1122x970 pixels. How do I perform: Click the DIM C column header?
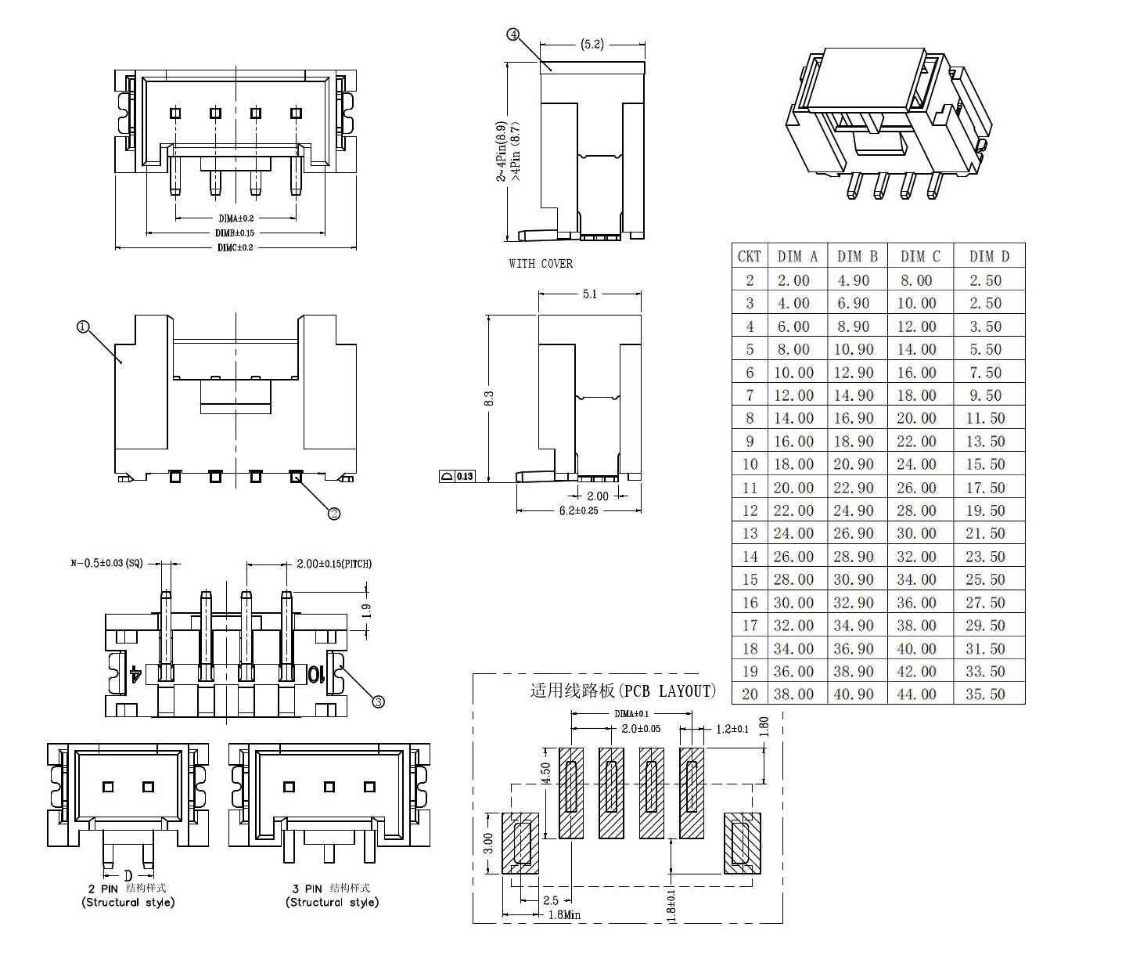click(920, 256)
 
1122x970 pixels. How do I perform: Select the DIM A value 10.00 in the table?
click(793, 373)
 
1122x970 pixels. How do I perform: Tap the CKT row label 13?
click(750, 533)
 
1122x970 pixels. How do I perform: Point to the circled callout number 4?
click(513, 34)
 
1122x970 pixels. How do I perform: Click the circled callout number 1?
click(83, 326)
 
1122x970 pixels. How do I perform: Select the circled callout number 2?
click(334, 514)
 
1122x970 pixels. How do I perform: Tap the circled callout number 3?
click(379, 701)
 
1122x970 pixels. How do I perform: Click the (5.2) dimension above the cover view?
click(592, 45)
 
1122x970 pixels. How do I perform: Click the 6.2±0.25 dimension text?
click(578, 510)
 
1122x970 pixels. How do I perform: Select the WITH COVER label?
click(541, 264)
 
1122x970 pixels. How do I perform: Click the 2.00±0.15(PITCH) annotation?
click(334, 564)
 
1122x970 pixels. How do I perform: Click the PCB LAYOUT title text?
click(623, 691)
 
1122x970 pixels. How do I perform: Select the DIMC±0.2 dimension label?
click(236, 247)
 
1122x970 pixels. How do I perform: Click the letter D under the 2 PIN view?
click(128, 874)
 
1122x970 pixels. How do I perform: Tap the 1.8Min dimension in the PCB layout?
click(564, 914)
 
